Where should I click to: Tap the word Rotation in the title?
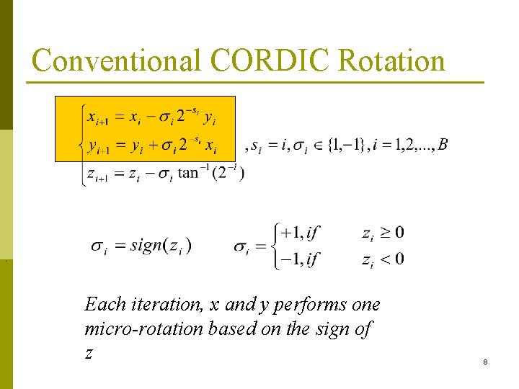391,61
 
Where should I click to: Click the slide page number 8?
485,362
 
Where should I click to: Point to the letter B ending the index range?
442,146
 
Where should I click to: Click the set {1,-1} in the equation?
345,146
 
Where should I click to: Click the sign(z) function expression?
160,246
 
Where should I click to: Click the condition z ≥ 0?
383,233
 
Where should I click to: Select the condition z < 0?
383,259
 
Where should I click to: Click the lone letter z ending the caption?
89,354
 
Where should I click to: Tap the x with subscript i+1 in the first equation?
97,117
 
